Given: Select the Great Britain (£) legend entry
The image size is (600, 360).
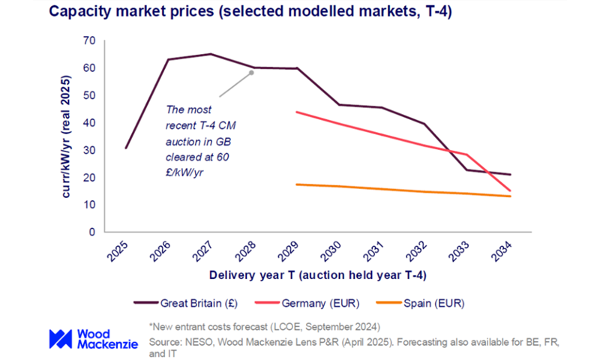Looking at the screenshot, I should [x=187, y=303].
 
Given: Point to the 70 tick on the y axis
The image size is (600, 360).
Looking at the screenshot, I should [x=89, y=40].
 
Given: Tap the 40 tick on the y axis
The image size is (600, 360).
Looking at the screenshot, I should [x=89, y=123].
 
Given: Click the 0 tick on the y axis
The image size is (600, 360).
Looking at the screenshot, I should [x=92, y=232].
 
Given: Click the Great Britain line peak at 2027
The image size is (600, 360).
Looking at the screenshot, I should [x=211, y=54].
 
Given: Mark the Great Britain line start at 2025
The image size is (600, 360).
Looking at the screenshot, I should [x=125, y=148].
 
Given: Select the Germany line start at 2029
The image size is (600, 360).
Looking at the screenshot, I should [x=296, y=112].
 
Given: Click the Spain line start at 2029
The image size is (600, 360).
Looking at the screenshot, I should [x=296, y=184].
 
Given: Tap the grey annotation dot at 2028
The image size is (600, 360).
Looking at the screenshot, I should [x=252, y=73].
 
